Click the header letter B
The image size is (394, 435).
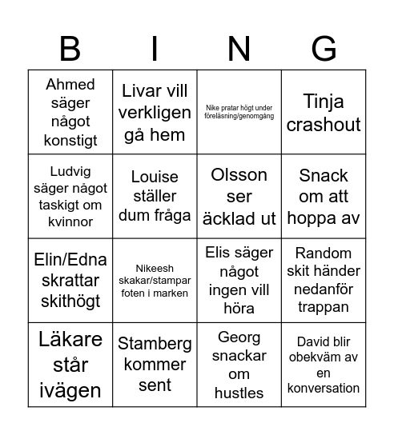[70, 49]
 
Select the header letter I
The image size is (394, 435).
[155, 49]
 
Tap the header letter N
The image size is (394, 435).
[239, 49]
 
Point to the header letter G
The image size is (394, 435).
[324, 49]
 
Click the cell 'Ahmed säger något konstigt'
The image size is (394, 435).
[70, 112]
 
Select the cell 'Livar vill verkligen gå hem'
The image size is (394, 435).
[155, 112]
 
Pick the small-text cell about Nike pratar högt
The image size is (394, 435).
[239, 112]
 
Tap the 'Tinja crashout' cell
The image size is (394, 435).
[324, 112]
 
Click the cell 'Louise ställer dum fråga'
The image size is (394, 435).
[155, 196]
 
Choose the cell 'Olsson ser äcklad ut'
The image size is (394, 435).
[239, 196]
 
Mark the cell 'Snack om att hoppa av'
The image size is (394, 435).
[324, 196]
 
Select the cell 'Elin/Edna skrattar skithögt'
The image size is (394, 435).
[70, 280]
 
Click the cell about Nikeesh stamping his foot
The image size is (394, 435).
[155, 280]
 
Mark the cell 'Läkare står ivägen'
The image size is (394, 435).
[70, 364]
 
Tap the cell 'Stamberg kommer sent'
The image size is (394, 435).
[155, 364]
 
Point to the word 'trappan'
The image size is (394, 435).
[324, 306]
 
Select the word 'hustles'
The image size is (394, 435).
[239, 393]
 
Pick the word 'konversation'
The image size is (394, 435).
[324, 388]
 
